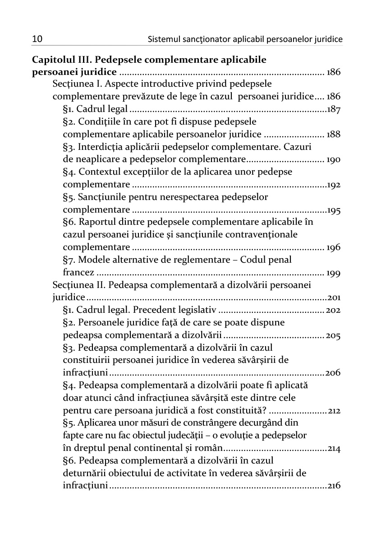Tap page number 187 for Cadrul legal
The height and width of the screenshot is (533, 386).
coord(334,109)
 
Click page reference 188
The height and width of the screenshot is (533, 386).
coord(334,134)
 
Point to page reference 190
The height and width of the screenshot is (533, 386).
coord(334,160)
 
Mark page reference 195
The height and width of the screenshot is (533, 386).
coord(334,210)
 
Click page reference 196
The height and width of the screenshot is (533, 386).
coord(334,247)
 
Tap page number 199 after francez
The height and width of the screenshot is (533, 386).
coord(334,273)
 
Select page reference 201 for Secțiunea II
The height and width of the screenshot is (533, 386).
coord(334,297)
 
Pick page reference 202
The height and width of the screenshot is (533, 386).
coord(334,310)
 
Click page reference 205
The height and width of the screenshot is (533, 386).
coord(334,335)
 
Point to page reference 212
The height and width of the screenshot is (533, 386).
coord(334,411)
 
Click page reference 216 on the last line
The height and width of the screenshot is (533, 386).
coord(334,486)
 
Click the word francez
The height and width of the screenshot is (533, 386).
coord(78,273)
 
